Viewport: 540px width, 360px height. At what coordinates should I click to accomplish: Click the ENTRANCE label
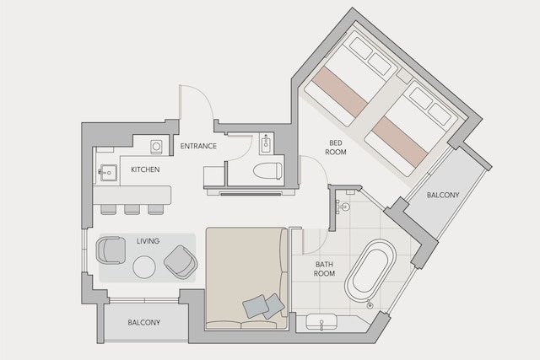click(x=198, y=146)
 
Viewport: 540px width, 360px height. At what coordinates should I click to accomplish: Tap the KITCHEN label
click(x=145, y=169)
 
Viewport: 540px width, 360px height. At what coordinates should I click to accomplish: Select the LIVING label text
click(x=148, y=241)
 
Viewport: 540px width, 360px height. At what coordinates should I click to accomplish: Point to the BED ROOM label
click(x=336, y=148)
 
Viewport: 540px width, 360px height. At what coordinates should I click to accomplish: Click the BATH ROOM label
click(x=324, y=269)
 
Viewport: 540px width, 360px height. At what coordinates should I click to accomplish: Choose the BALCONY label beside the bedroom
click(x=443, y=195)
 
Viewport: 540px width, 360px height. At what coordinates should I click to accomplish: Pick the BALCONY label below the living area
click(x=144, y=323)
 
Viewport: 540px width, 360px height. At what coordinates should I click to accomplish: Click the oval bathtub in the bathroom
click(x=370, y=271)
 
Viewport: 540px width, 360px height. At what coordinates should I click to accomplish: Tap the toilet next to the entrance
click(x=267, y=171)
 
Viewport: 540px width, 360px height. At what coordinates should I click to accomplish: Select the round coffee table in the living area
click(x=144, y=266)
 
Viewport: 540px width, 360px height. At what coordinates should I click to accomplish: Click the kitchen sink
click(x=109, y=173)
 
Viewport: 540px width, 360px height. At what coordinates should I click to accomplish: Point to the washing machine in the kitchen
click(x=156, y=147)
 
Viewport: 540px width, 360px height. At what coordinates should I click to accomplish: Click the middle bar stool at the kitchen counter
click(x=132, y=209)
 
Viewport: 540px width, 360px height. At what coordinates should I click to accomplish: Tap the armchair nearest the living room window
click(x=111, y=250)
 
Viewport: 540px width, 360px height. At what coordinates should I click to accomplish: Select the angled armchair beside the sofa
click(x=181, y=262)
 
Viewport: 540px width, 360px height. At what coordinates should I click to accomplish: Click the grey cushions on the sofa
click(x=263, y=306)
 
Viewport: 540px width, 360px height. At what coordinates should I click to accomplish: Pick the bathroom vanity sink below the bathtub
click(x=321, y=322)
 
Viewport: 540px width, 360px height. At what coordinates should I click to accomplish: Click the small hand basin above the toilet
click(x=267, y=144)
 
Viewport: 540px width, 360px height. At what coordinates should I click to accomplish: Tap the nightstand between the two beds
click(x=404, y=76)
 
